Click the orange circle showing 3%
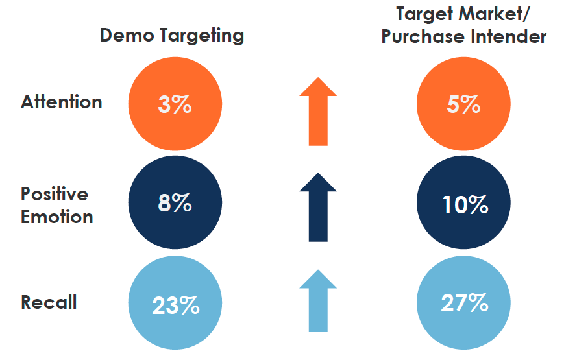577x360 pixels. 175,104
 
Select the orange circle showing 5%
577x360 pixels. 463,104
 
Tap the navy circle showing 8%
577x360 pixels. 175,204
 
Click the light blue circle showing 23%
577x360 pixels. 175,304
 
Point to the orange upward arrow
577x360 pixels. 318,111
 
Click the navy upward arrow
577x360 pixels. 318,208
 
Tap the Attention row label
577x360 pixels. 62,102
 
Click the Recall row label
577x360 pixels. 49,302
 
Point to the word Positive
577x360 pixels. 55,194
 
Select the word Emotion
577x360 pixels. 57,216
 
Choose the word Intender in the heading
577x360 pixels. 509,36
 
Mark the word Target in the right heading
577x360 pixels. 425,14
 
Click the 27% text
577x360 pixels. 463,304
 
